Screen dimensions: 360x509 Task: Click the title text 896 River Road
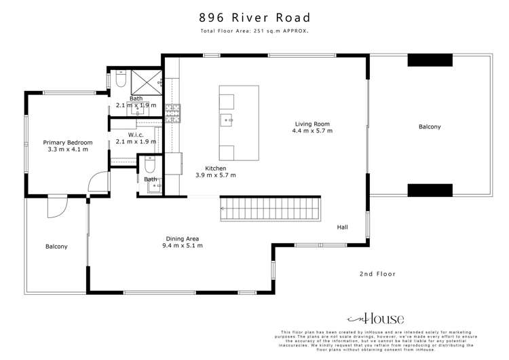click(x=254, y=17)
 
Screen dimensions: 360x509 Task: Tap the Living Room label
click(x=312, y=124)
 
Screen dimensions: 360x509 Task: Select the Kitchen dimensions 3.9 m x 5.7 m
click(x=216, y=175)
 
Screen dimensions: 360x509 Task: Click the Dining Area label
click(x=182, y=238)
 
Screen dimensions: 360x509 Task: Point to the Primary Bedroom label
click(x=68, y=143)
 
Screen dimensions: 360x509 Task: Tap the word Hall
click(x=342, y=228)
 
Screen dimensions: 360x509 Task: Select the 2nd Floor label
click(x=377, y=274)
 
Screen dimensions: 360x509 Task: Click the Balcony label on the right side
click(x=429, y=127)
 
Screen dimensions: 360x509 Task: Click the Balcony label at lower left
click(x=56, y=247)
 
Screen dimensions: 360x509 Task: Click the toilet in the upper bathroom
click(x=119, y=81)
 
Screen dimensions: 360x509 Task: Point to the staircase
click(x=269, y=206)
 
